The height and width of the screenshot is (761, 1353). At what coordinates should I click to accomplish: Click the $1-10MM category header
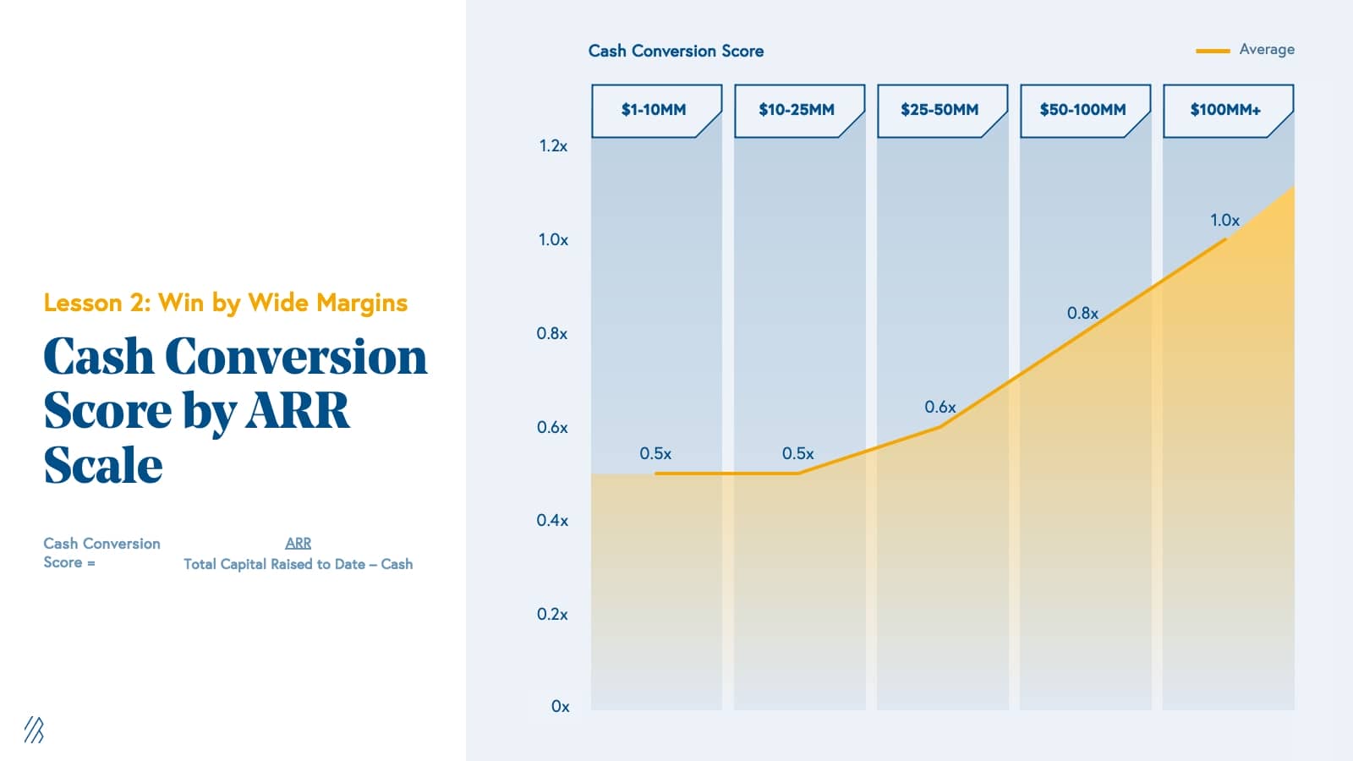(654, 110)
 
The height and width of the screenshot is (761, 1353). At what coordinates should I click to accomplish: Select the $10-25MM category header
(797, 110)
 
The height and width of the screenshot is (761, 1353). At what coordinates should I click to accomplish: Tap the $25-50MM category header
(939, 110)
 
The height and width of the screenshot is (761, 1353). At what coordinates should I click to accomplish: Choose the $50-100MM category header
(1082, 110)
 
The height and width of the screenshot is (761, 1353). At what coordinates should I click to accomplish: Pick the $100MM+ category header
(1225, 110)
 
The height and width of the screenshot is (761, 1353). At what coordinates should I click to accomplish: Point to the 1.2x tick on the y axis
(553, 146)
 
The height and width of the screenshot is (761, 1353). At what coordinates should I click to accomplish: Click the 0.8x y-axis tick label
(552, 334)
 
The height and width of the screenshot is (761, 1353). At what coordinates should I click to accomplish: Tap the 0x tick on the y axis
(560, 707)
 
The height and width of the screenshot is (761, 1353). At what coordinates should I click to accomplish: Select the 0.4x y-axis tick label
(552, 521)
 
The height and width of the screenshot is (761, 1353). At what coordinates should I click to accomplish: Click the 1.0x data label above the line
(1224, 221)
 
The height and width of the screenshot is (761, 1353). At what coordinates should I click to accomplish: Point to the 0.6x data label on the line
(939, 408)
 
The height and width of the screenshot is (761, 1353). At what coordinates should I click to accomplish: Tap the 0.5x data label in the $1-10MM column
(655, 454)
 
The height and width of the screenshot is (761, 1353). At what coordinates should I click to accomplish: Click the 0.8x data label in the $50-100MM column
(1082, 314)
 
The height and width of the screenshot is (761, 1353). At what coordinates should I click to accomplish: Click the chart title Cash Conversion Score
(676, 51)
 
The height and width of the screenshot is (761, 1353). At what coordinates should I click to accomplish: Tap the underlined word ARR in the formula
(298, 544)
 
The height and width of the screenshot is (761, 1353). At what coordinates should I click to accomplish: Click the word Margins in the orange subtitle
(362, 304)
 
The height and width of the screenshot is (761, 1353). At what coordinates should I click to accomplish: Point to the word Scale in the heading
(103, 465)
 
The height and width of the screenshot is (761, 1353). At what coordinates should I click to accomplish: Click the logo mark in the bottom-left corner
(34, 730)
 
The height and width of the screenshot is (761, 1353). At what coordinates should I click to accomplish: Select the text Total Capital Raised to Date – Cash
(298, 564)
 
